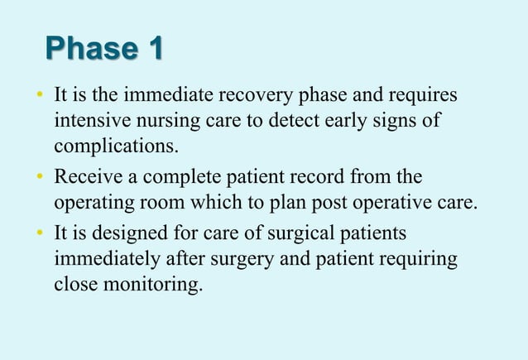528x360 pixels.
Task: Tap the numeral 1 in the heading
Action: pos(153,50)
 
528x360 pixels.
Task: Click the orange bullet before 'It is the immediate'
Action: pos(39,97)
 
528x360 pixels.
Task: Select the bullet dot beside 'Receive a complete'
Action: pos(39,178)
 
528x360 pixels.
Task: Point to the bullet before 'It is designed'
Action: pos(39,233)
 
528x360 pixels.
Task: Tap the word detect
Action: pos(286,123)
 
